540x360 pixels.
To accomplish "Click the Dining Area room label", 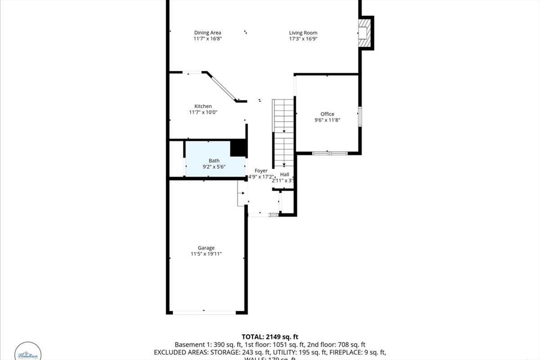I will point(207,33).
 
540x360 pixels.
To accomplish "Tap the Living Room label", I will point(303,33).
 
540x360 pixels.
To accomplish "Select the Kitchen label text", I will point(203,106).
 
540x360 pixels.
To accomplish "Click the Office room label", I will point(327,114).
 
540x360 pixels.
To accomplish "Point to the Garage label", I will point(206,248).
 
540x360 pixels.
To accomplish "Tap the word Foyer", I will point(261,171).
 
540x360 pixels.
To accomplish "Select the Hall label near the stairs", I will point(285,174).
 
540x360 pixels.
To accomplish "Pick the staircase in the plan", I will point(283,132).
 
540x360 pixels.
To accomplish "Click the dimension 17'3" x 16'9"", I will point(303,39).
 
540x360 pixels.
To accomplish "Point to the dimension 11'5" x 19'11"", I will point(206,254).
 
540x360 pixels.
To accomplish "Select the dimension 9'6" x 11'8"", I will point(327,120).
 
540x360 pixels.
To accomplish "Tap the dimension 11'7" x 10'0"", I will point(203,112).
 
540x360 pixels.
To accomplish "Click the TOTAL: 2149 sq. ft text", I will point(270,336).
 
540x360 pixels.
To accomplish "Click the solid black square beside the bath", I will point(239,147).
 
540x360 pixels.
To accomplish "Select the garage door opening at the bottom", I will point(205,313).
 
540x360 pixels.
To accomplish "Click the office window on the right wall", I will point(360,116).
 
